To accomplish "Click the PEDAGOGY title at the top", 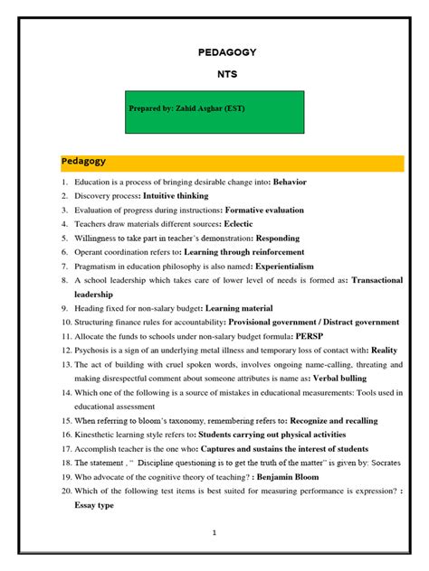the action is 227,52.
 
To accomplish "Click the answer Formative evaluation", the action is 269,210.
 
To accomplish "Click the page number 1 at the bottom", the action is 214,534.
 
